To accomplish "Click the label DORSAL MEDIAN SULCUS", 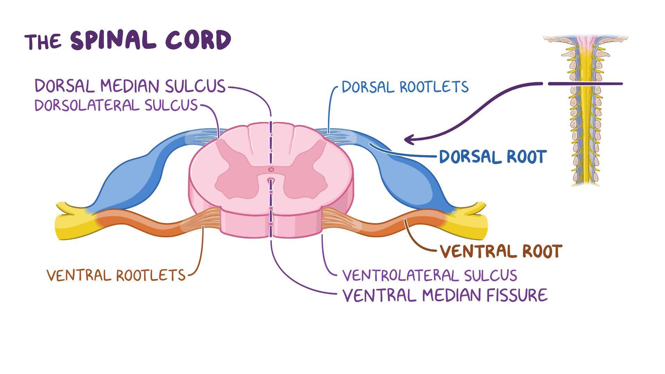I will coord(130,86).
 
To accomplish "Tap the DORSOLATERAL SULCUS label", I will coord(116,105).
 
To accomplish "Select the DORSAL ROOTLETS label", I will coord(405,87).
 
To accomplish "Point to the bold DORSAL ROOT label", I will coord(493,157).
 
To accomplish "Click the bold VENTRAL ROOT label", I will coord(500,251).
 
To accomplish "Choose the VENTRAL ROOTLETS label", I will coord(116,276).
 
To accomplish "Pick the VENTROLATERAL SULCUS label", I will coord(429,276).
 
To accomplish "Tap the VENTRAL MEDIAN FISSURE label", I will coord(445,295).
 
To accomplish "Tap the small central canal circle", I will coord(271,170).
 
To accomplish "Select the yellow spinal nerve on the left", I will coord(74,223).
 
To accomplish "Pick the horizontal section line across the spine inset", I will coord(585,84).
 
